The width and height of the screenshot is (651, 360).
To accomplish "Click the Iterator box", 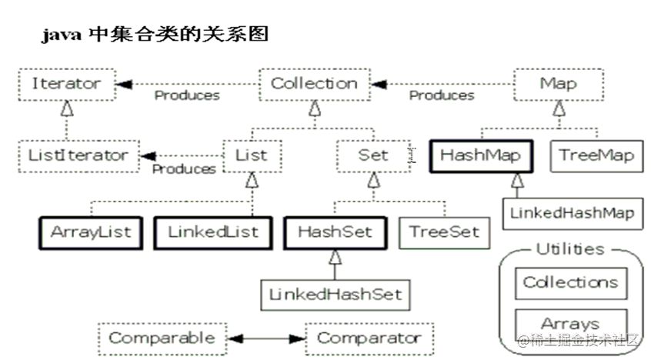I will tap(66, 83).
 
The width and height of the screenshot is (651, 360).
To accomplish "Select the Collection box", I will tap(314, 83).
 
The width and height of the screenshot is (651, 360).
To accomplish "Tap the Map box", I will tap(559, 83).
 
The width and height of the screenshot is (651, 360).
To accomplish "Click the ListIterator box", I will tap(78, 155).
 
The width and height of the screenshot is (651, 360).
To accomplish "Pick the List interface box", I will tap(252, 155).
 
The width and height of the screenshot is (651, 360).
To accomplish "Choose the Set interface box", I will tap(373, 155).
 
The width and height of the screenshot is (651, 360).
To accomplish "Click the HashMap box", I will tap(481, 155).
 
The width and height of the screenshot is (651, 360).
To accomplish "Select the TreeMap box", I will tap(596, 155).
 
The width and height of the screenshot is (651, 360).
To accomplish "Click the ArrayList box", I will tap(91, 232).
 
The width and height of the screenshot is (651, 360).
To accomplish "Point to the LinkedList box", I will tap(212, 232).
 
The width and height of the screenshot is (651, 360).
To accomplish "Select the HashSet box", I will tap(335, 232).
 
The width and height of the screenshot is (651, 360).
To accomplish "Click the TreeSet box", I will tap(444, 232).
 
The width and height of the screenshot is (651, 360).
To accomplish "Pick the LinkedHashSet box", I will tap(335, 294).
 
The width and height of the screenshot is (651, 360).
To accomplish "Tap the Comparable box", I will tap(162, 338).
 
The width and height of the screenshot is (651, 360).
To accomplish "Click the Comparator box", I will tap(369, 338).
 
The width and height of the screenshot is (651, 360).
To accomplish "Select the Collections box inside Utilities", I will tap(570, 282).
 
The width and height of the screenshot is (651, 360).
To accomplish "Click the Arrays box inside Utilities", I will tap(570, 323).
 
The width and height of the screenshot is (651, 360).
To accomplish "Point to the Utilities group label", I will tap(569, 249).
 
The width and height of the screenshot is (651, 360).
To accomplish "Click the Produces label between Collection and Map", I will tap(441, 96).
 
